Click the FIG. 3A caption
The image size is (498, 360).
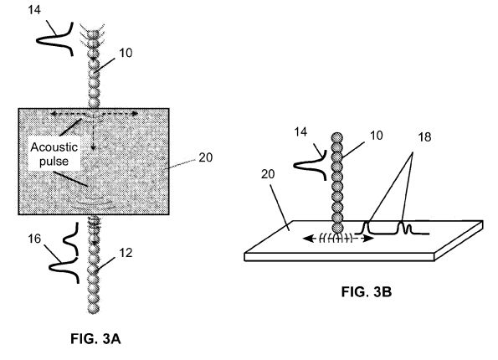click(95, 339)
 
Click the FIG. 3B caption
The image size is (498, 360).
click(367, 291)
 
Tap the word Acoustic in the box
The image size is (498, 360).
click(54, 147)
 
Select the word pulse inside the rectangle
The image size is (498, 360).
click(54, 162)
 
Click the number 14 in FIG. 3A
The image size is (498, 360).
click(34, 10)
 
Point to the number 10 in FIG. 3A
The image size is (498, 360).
click(126, 53)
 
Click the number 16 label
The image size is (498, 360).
click(34, 239)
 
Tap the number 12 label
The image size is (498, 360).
click(126, 253)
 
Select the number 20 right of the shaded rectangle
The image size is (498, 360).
click(206, 157)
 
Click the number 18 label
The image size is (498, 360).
click(424, 137)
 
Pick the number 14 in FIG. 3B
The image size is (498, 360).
click(300, 131)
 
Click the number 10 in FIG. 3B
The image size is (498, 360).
click(377, 136)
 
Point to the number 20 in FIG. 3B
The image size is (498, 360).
click(268, 174)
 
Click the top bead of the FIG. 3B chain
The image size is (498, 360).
click(337, 138)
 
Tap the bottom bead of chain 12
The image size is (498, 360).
click(94, 309)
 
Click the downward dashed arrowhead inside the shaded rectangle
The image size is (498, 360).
click(93, 147)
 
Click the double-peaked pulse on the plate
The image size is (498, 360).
click(404, 228)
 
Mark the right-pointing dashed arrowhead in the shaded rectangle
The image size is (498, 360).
click(135, 113)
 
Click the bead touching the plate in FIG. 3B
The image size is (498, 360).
click(337, 228)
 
